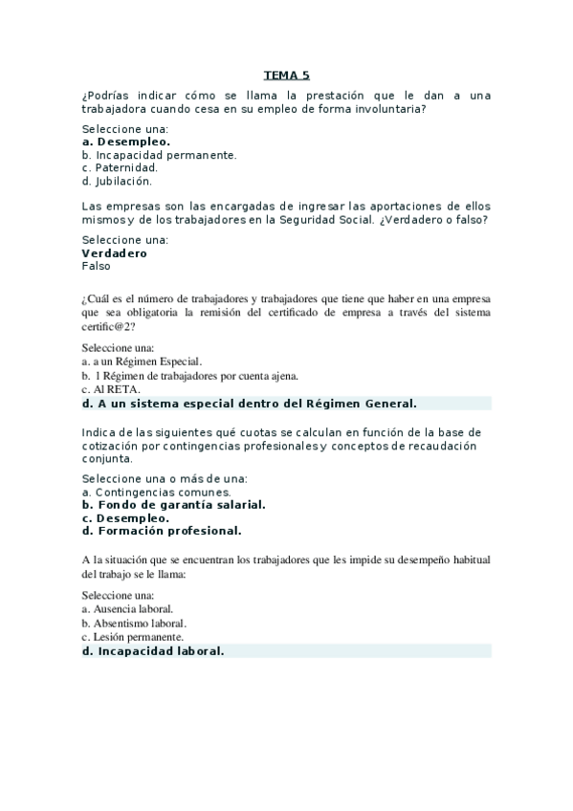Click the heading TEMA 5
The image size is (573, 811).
[x=287, y=76]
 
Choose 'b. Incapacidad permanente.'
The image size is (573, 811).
[x=159, y=155]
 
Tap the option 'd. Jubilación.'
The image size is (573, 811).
[x=117, y=181]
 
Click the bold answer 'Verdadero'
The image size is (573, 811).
[x=115, y=253]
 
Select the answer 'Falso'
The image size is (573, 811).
[x=97, y=267]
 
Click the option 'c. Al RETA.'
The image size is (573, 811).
[x=111, y=389]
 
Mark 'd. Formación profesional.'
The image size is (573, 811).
[x=162, y=530]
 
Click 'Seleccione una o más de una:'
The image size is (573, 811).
[x=165, y=478]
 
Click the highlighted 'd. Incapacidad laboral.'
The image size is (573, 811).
[x=153, y=651]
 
